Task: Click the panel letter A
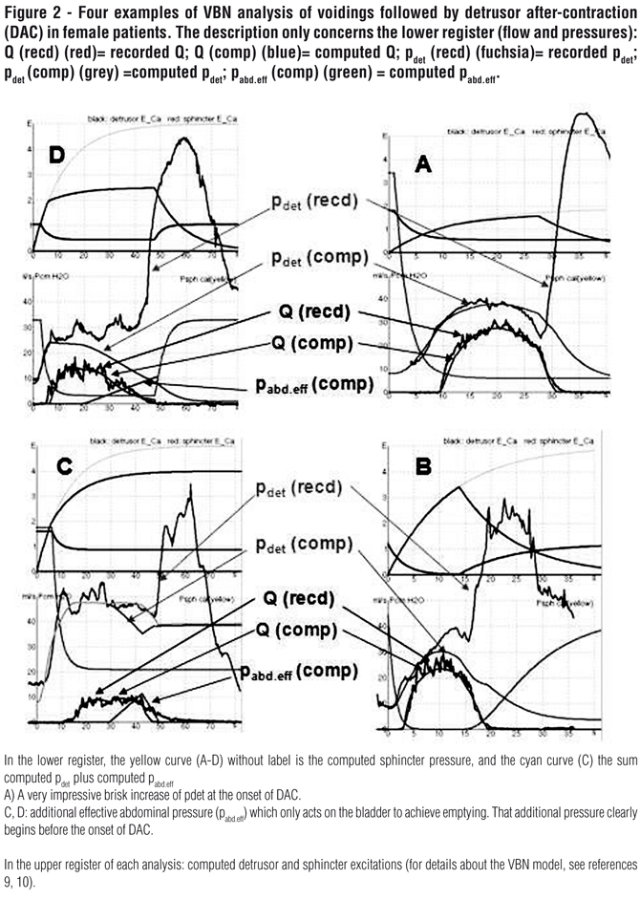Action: (422, 164)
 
